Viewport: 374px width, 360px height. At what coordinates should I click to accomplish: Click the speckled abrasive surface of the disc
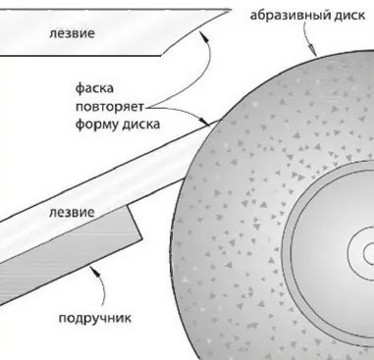coord(245,196)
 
